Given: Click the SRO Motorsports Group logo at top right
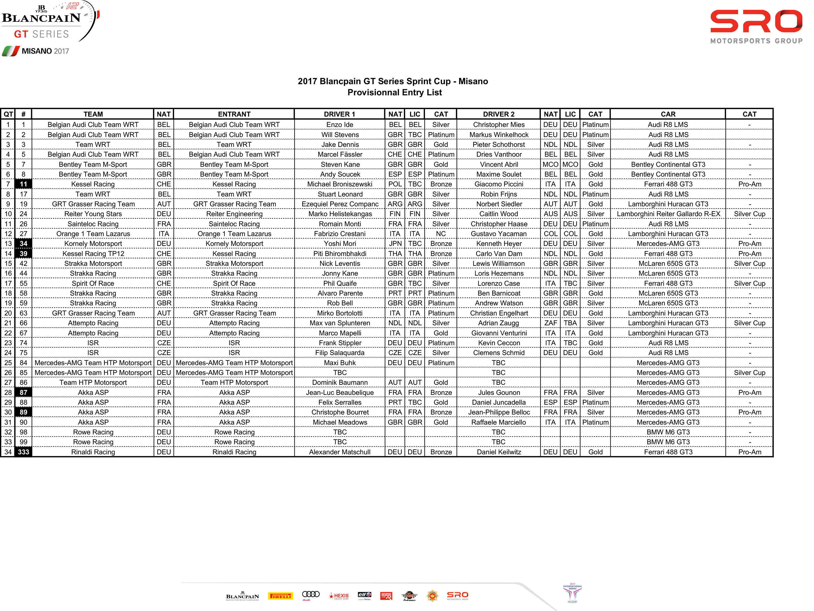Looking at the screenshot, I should click(756, 27).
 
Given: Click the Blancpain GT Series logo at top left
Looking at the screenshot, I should click(48, 22).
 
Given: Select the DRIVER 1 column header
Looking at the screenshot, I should click(339, 114).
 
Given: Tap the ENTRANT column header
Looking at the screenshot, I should click(234, 114).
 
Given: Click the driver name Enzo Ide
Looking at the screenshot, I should click(339, 125).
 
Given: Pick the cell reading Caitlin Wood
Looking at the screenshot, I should click(498, 214).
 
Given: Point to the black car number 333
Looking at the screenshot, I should click(23, 452).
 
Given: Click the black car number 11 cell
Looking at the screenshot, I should click(23, 184).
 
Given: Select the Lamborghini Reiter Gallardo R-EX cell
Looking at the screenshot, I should click(668, 214).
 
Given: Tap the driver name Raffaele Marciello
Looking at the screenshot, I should click(498, 422).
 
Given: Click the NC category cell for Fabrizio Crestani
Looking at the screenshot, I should click(440, 234).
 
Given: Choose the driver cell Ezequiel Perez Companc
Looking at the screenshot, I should click(339, 204).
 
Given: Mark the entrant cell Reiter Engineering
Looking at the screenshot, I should click(234, 214).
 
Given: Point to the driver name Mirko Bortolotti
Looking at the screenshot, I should click(339, 313).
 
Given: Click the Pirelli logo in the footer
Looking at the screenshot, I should click(280, 596).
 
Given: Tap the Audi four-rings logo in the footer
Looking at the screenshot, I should click(311, 595).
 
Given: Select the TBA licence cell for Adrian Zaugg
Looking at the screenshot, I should click(570, 323).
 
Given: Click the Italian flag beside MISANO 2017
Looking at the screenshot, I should click(10, 51).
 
